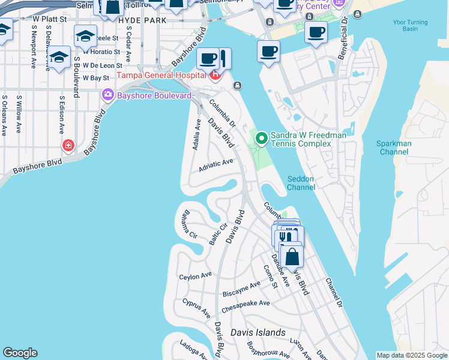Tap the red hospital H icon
214,75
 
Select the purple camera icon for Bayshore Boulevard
108,95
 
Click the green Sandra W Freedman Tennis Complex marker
261,139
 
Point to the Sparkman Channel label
394,148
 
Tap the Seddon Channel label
301,183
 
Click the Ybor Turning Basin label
419,25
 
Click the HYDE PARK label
142,20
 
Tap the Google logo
20,353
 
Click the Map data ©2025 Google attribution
412,355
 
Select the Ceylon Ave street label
196,276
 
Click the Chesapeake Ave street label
246,307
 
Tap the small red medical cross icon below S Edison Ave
68,145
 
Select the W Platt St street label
49,20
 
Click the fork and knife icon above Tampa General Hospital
223,59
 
